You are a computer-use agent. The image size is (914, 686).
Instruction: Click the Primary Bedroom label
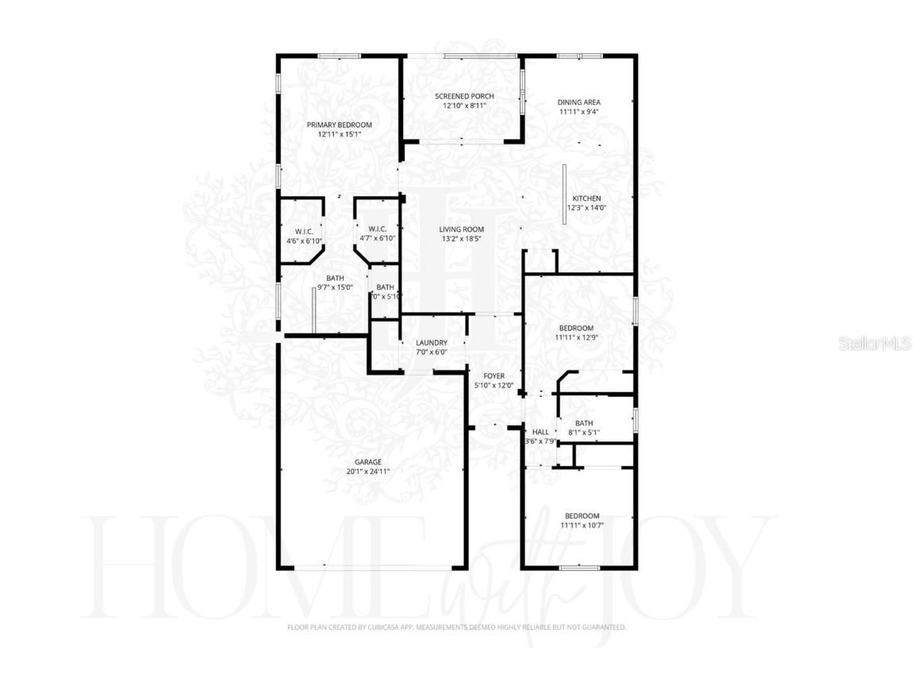click(340, 125)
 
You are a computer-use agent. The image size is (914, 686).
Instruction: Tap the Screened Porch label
click(464, 96)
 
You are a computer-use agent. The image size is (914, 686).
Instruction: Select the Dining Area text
click(578, 102)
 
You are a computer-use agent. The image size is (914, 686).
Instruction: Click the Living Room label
click(462, 229)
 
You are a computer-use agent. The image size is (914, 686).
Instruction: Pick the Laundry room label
click(432, 343)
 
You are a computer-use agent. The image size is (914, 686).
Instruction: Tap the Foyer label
click(494, 376)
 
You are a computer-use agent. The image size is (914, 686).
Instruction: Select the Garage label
click(368, 461)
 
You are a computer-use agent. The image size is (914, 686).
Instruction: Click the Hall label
click(540, 432)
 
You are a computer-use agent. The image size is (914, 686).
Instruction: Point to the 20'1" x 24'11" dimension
click(368, 471)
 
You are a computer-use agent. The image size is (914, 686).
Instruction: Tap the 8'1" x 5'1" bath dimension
click(584, 433)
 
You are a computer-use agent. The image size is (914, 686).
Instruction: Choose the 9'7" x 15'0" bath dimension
click(335, 287)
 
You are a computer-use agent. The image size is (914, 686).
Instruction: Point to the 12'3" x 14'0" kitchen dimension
click(587, 208)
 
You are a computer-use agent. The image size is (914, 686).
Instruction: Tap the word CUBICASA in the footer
click(385, 627)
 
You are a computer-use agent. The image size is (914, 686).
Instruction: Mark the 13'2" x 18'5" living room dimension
click(462, 238)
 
